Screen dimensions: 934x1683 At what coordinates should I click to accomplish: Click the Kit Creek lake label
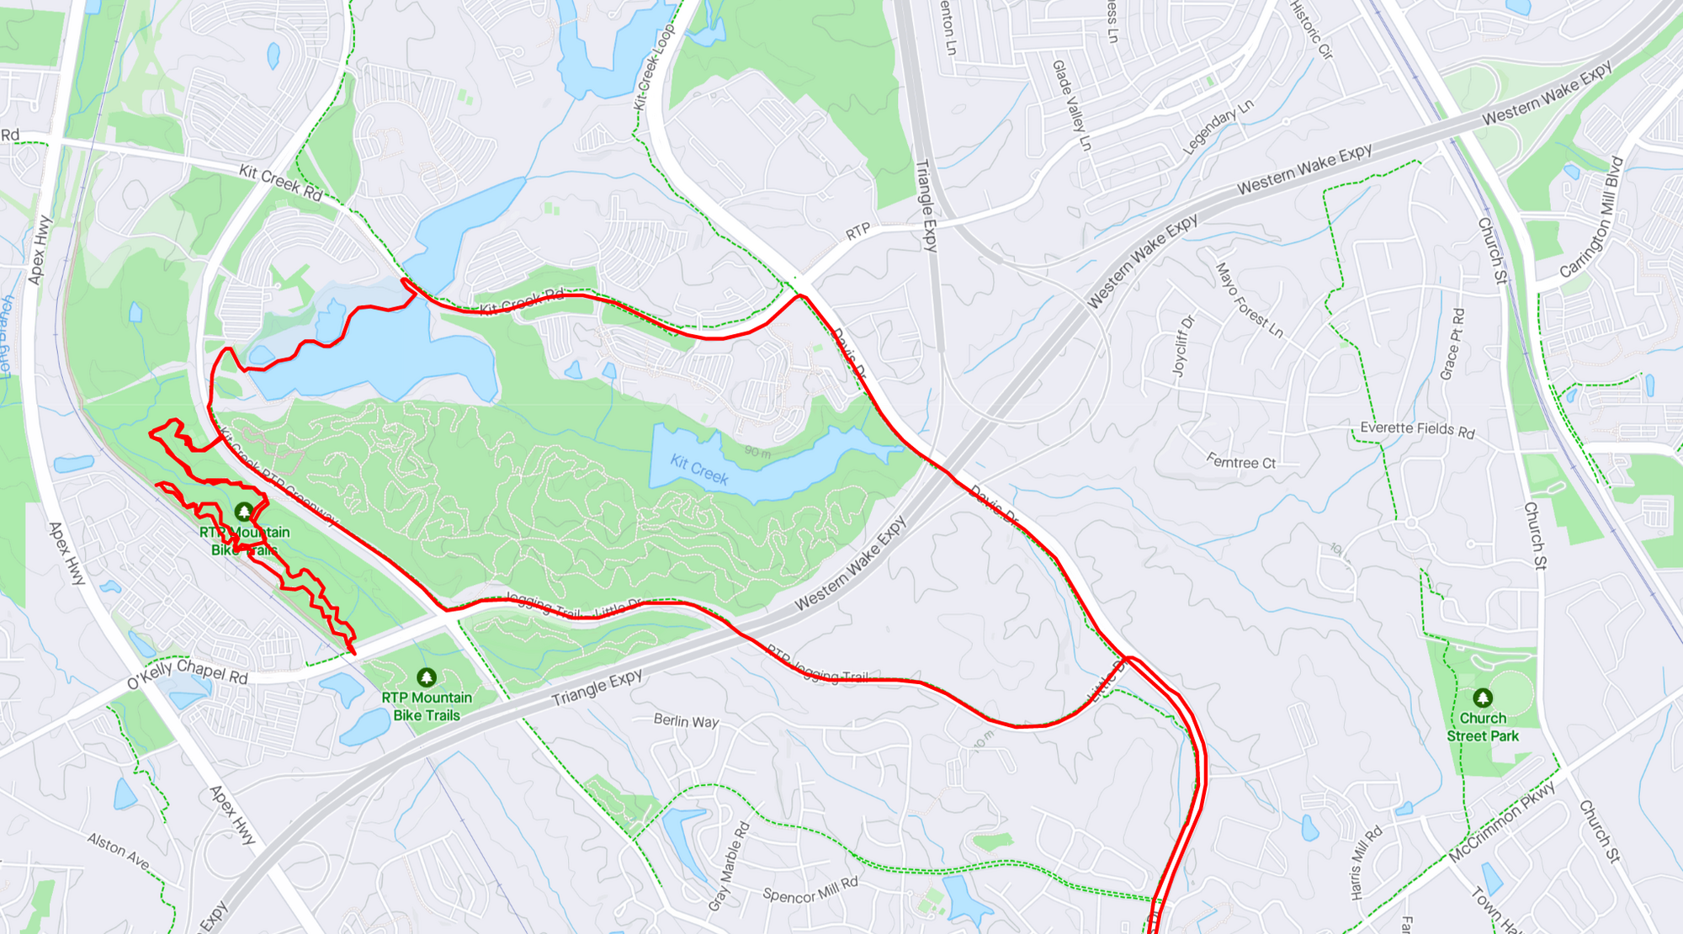698,470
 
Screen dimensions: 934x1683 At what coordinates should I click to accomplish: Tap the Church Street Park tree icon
1483,698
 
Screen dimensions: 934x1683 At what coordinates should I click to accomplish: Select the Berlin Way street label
687,721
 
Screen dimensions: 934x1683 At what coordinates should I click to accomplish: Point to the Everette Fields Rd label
1417,429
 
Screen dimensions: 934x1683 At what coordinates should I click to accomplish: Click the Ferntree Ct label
1241,462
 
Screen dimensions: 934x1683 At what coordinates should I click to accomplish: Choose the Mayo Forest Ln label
1250,300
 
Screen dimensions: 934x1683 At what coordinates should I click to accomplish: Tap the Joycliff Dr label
1183,346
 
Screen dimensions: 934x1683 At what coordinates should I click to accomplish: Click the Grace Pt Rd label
1452,344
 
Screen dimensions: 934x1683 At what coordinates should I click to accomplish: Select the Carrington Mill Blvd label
1590,218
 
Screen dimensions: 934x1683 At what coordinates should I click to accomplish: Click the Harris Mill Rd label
1366,862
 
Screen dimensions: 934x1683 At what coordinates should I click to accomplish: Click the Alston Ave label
119,851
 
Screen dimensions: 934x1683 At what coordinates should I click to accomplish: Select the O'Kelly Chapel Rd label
188,673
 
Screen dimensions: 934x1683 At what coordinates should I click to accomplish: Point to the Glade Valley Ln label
1071,105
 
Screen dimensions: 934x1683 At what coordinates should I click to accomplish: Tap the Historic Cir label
1312,29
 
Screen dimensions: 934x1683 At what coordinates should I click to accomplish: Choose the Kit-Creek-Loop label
654,67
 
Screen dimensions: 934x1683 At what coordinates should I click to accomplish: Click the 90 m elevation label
757,453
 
